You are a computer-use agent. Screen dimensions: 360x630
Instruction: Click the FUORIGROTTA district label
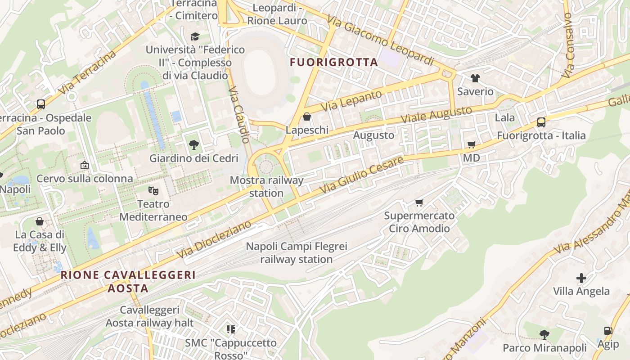(333, 62)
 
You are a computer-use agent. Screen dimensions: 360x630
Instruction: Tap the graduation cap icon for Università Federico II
(195, 36)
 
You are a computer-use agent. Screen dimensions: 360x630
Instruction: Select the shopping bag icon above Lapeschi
(307, 117)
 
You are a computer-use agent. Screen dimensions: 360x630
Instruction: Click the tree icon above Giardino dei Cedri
(194, 145)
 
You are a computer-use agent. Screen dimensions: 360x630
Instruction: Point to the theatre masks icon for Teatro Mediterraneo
(153, 191)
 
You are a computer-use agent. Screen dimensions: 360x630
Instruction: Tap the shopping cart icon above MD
(471, 145)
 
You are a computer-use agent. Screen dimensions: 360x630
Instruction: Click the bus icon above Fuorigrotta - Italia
(541, 122)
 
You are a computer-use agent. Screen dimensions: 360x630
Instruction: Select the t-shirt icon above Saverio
(475, 78)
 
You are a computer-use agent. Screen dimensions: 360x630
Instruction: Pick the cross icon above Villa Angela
(581, 278)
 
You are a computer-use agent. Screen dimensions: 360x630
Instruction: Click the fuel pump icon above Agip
(608, 331)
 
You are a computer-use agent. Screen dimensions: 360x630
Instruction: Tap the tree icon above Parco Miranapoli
(544, 334)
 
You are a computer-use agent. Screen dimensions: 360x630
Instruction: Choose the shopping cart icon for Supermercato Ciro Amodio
(419, 202)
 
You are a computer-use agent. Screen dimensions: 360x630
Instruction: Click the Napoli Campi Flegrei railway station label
(297, 253)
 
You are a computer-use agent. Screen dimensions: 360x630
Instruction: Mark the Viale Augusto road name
(436, 114)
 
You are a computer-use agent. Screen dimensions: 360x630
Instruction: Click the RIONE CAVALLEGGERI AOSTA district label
(128, 281)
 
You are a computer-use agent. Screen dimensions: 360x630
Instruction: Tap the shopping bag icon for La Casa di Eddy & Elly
(40, 221)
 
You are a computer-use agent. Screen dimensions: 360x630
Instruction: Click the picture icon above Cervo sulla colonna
(85, 165)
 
